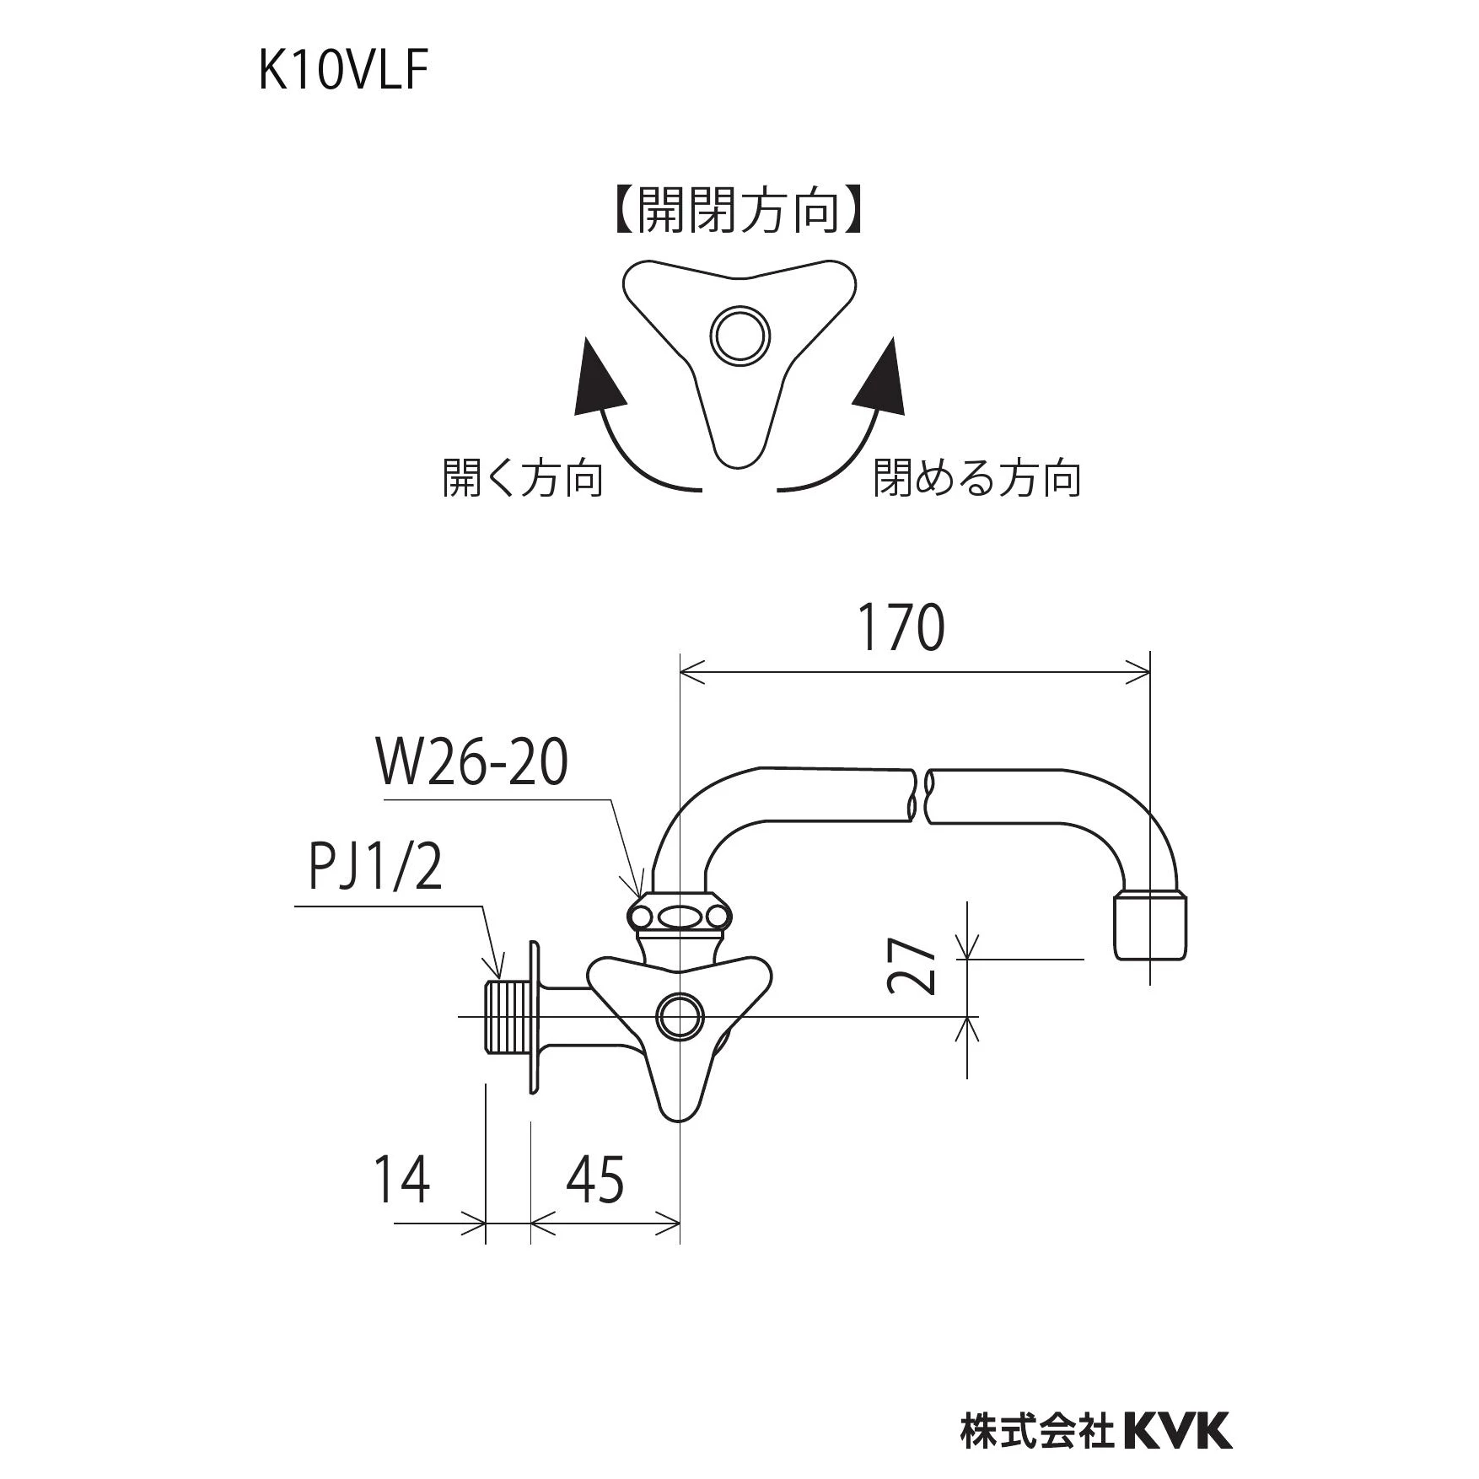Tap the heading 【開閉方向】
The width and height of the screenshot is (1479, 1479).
[x=739, y=210]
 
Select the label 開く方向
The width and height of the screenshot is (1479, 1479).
[x=523, y=478]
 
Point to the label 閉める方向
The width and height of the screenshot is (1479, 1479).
[x=976, y=478]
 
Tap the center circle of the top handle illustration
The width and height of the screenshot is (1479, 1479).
[x=739, y=336]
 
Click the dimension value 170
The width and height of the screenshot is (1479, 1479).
[x=901, y=628]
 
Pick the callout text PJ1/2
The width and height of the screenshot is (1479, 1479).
[x=375, y=869]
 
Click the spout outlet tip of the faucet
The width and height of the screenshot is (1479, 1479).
[x=1154, y=928]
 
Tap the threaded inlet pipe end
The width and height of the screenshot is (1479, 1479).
[x=504, y=1016]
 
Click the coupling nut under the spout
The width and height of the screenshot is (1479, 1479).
[x=678, y=916]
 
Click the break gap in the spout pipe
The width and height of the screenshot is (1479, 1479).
[x=921, y=794]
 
